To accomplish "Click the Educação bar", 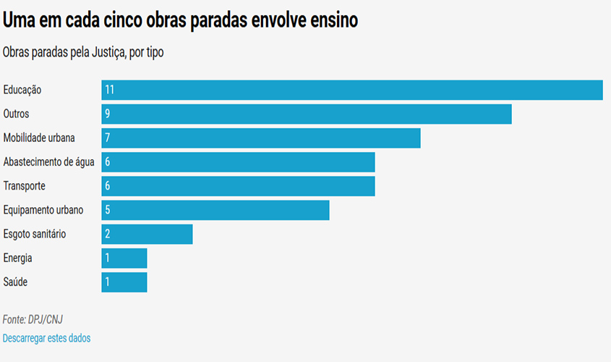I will coord(352,90).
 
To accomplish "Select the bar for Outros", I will coord(307,114).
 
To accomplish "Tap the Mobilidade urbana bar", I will coord(261,138).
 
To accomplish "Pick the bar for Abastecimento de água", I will coord(238,162).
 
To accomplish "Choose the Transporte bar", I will coord(238,186).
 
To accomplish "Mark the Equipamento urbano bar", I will coord(215,210).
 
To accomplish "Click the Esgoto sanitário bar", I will coord(147,234).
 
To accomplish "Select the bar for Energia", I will coord(124,258).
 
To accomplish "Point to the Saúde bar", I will coord(124,282).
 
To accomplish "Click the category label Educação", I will coord(22,90).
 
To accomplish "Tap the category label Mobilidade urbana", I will coord(39,138).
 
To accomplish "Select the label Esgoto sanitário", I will coord(35,234).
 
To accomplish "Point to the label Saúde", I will coord(15,282).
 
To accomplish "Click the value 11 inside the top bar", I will coord(109,90).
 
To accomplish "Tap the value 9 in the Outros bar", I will coord(107,114).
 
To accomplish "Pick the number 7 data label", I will coord(107,138).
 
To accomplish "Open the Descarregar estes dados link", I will coord(46,338).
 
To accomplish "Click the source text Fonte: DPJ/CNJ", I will coord(27,319).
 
